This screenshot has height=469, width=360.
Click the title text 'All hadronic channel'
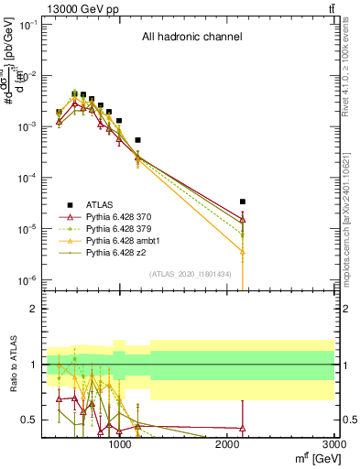click(191, 38)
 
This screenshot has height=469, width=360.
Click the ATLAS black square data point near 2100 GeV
click(243, 202)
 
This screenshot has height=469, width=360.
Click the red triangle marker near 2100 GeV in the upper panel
click(243, 220)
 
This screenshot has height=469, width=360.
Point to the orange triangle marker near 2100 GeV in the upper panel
click(243, 251)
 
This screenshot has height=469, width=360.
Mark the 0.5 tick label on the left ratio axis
click(29, 420)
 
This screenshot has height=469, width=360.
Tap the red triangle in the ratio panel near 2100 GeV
click(243, 428)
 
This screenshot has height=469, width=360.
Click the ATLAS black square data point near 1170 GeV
click(137, 140)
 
